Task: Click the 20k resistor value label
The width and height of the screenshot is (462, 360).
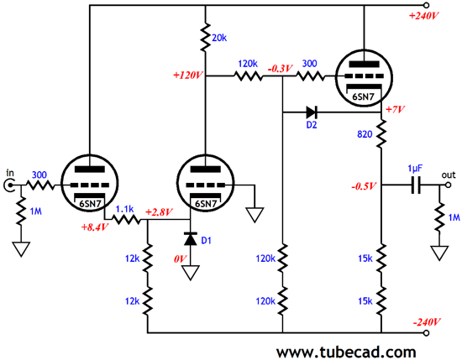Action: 219,38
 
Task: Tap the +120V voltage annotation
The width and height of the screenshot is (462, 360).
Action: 188,76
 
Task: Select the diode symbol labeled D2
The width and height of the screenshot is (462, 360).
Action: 312,112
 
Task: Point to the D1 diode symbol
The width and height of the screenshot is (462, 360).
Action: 190,238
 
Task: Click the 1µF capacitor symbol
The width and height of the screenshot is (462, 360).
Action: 416,185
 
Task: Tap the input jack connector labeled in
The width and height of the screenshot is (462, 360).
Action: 9,185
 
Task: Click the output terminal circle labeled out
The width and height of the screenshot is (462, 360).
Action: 448,185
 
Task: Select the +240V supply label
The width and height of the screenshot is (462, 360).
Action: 423,16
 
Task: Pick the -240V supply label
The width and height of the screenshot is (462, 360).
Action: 427,322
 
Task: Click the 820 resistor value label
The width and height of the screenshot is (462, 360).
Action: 365,134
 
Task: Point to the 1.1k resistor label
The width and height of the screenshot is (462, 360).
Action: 124,209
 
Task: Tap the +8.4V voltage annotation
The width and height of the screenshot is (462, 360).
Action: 95,227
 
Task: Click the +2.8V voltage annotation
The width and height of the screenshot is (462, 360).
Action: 159,212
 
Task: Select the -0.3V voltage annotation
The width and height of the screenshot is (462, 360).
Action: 280,69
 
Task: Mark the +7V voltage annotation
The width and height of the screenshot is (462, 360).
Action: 395,110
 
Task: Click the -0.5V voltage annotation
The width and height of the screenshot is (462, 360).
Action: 364,186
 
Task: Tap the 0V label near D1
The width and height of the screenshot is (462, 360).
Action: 180,259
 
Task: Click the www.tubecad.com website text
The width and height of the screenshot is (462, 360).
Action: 346,352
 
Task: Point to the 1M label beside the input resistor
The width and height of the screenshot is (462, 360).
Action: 36,211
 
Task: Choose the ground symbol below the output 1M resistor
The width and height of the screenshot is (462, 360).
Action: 439,253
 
